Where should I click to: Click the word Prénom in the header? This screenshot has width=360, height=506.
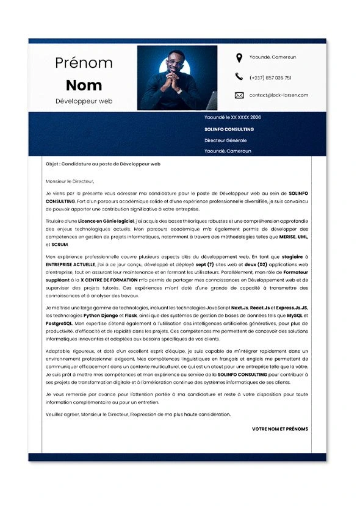[x=84, y=62]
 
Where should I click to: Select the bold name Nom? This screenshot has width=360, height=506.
[x=84, y=85]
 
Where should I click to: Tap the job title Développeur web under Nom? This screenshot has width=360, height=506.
[x=84, y=101]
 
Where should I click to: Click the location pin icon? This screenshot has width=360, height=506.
[x=239, y=58]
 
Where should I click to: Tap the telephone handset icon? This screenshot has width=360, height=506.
[x=239, y=77]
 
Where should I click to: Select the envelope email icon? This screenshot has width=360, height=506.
[x=239, y=95]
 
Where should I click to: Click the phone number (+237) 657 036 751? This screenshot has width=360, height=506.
[x=270, y=78]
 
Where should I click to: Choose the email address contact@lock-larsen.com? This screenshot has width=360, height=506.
[x=279, y=95]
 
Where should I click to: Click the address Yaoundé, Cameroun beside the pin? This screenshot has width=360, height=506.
[x=273, y=57]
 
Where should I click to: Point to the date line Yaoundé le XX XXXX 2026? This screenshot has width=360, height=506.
[x=232, y=117]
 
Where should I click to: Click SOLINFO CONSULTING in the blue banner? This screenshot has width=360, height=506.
[x=229, y=129]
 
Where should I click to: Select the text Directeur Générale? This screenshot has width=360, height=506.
[x=226, y=140]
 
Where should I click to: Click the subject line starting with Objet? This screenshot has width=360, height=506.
[x=103, y=164]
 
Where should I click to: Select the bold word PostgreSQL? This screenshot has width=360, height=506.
[x=60, y=323]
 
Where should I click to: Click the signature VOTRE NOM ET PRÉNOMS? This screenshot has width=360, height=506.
[x=279, y=429]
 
